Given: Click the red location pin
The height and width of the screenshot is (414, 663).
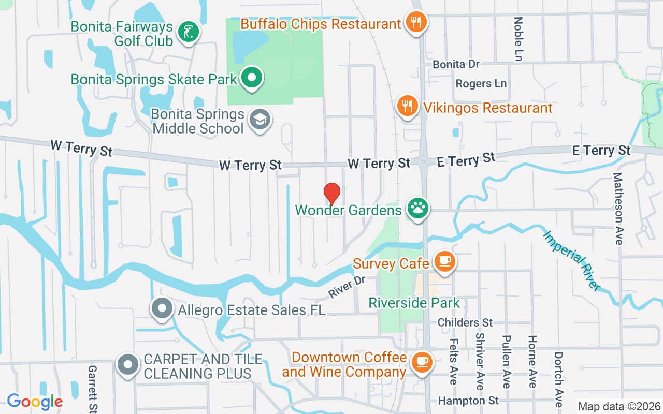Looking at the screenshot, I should point(332,193).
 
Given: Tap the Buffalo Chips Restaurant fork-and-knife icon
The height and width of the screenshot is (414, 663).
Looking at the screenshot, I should point(416,22).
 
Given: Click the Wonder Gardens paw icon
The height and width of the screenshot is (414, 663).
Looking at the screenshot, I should point(417,209).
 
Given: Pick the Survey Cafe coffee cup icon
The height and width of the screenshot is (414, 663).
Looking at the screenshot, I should point(444,262).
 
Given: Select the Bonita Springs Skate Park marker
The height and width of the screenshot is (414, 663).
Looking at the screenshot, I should point(252,79).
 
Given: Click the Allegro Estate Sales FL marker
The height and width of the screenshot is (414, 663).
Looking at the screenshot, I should point(162,309).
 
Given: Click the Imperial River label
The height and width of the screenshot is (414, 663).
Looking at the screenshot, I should point(572,260).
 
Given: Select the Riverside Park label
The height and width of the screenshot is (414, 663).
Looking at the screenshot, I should point(414,303).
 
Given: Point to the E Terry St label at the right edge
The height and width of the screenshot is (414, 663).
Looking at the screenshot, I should point(601,151).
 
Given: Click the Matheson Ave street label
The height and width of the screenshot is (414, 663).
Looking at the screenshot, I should point(618,209).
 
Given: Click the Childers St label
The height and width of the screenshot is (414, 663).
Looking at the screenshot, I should point(465,322).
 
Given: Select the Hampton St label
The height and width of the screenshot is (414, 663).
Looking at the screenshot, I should point(468,401).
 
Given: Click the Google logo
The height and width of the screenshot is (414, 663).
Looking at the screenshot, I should point(35,401).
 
